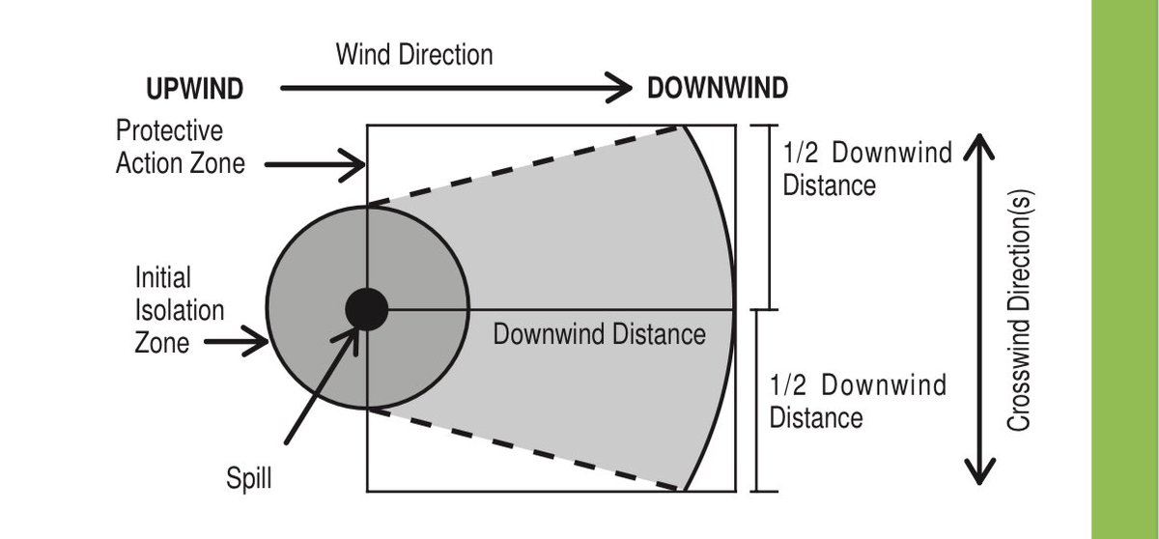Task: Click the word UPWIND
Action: click(193, 90)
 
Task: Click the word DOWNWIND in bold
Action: click(718, 89)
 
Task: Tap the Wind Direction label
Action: click(414, 54)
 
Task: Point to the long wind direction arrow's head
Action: click(618, 90)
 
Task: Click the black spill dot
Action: click(367, 309)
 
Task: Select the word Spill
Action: click(249, 478)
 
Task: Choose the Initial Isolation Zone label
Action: click(180, 309)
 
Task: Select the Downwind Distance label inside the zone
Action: click(599, 335)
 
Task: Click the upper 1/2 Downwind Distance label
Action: click(866, 168)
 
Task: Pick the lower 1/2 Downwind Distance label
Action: click(857, 402)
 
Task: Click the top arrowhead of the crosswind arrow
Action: click(981, 147)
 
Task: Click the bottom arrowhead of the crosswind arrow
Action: click(981, 473)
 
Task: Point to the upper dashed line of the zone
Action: click(522, 164)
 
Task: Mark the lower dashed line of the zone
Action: click(522, 449)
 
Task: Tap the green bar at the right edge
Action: click(1125, 269)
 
